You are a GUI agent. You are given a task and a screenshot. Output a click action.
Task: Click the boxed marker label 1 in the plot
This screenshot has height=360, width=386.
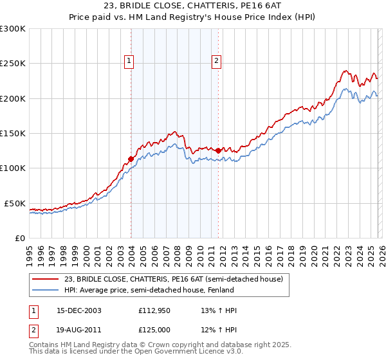coord(129,61)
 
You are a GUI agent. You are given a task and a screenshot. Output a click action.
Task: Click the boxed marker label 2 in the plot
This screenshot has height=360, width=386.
coord(216,61)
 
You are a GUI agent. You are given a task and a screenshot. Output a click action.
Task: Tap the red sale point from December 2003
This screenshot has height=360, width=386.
coord(131,159)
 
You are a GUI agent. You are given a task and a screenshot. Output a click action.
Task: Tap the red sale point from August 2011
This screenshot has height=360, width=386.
coord(219,150)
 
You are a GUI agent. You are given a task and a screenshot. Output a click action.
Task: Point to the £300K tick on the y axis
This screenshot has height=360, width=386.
coord(13,29)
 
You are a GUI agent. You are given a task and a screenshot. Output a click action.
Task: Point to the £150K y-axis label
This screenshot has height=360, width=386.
coord(13,134)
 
